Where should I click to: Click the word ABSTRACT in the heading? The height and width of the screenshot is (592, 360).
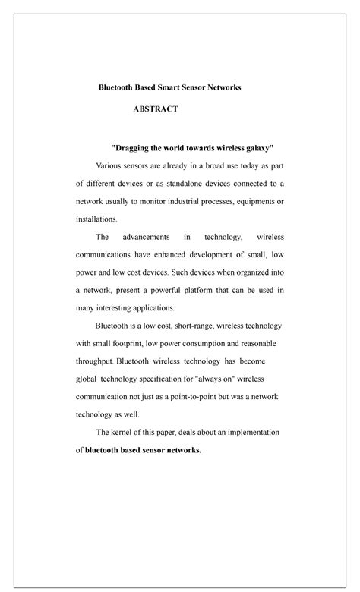pyautogui.click(x=156, y=109)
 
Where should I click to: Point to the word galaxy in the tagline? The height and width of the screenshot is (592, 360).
pyautogui.click(x=254, y=146)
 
